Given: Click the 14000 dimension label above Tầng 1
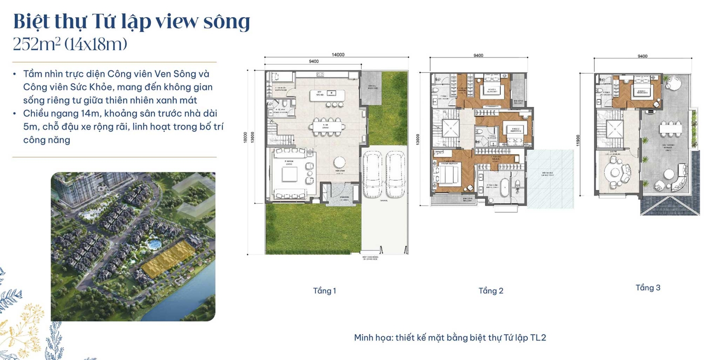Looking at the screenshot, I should point(338,55).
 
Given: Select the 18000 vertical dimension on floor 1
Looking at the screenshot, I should point(245,137).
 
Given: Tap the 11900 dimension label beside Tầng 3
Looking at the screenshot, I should point(578,140).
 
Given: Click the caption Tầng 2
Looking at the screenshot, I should point(491,291).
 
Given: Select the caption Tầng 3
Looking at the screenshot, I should point(648,288).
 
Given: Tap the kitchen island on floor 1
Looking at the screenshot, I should point(327,95).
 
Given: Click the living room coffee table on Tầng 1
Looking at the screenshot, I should point(290,174).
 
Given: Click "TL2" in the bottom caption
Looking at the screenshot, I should point(538,338).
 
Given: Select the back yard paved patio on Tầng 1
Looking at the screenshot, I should point(371,88).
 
